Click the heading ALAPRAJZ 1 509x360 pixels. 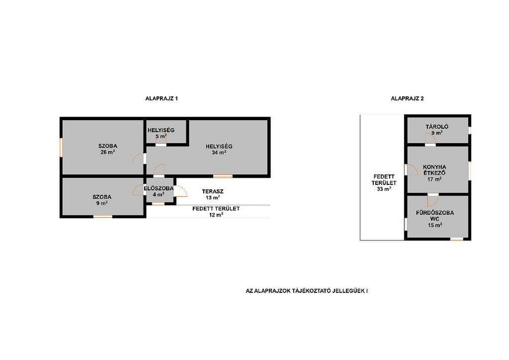click(162, 98)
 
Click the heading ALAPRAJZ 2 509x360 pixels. click(407, 98)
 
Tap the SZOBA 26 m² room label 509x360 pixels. click(108, 149)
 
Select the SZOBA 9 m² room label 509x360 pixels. click(102, 200)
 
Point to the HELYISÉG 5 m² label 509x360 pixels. click(161, 133)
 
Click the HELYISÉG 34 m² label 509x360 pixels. click(219, 149)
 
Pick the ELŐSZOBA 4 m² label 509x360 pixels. click(159, 191)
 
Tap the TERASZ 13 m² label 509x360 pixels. click(213, 194)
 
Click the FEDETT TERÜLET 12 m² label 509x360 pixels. click(216, 212)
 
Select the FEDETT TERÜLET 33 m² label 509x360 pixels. click(384, 183)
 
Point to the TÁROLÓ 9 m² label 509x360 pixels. click(437, 130)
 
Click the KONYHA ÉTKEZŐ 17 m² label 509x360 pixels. click(434, 173)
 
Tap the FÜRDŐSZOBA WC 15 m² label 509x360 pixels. click(435, 219)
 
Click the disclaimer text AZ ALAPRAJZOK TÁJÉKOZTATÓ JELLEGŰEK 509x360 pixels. click(307, 291)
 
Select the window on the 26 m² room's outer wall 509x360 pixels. click(61, 148)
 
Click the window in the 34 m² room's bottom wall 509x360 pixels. click(223, 176)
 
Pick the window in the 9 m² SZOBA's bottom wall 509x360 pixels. click(103, 216)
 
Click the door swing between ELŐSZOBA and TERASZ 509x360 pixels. click(181, 191)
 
